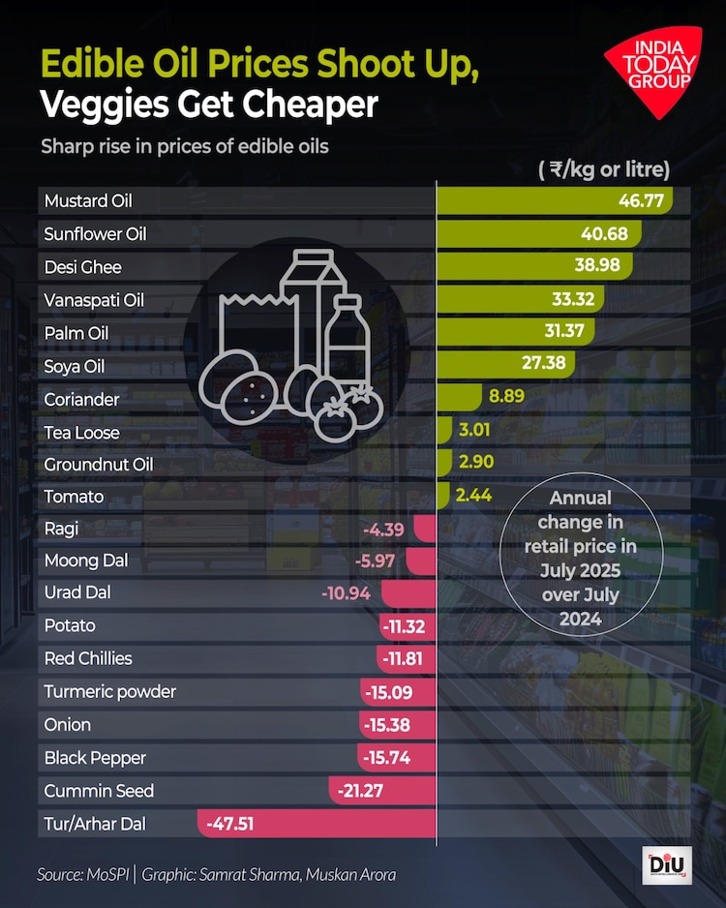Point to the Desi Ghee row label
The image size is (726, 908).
[x=83, y=267]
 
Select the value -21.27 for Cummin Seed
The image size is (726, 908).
[x=361, y=791]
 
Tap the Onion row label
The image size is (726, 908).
[x=68, y=725]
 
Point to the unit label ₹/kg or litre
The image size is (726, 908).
[x=605, y=170]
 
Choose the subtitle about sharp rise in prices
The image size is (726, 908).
[x=184, y=147]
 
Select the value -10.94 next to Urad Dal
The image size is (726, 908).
[x=346, y=592]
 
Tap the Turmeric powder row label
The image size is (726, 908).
[x=110, y=692]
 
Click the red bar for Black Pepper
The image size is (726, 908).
[x=397, y=758]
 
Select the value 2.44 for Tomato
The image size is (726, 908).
[x=473, y=496]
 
